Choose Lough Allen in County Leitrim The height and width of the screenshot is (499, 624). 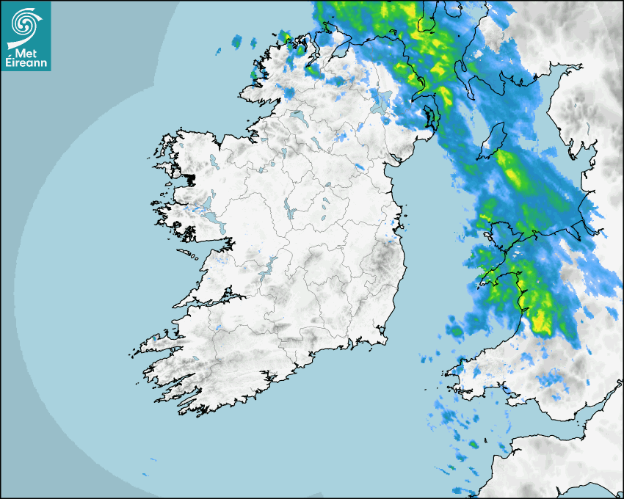pos(282,153)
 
